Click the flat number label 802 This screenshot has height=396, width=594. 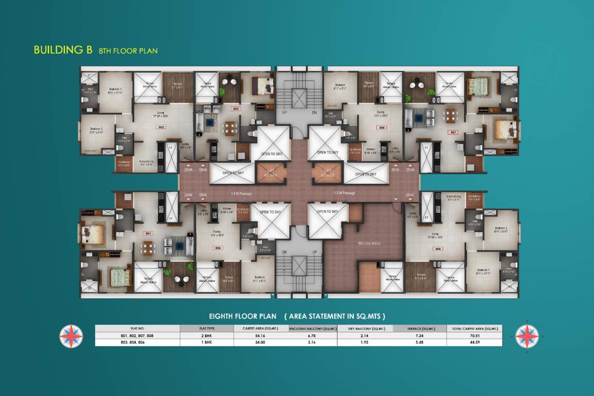(161, 127)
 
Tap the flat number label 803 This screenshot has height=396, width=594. (236, 109)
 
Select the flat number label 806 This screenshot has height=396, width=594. (382, 127)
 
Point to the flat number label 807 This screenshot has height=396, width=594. (454, 133)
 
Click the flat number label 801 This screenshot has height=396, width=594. (148, 234)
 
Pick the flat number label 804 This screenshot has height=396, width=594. (218, 249)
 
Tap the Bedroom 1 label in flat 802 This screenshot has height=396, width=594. (115, 91)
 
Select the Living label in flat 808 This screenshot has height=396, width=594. (436, 234)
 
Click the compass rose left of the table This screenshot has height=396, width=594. (71, 336)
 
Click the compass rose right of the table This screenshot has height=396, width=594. (527, 336)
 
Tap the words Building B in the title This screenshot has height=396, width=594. (62, 50)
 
